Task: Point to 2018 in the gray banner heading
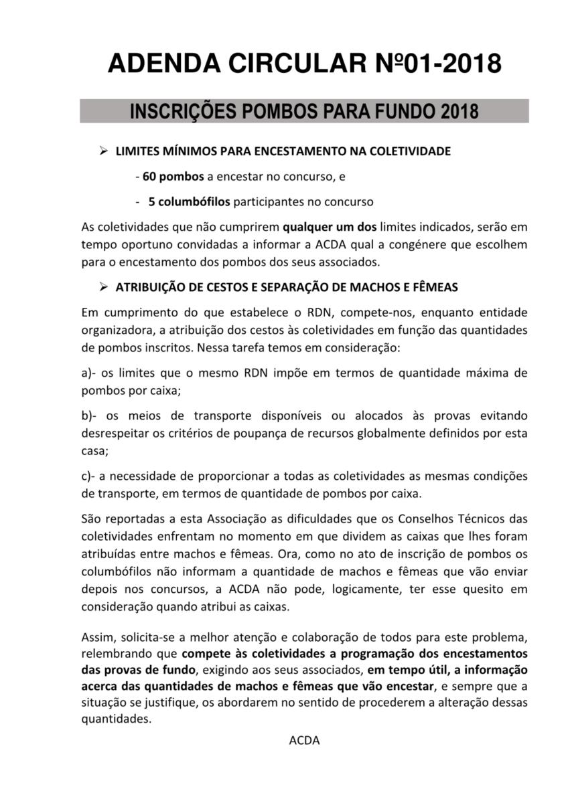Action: pos(459,111)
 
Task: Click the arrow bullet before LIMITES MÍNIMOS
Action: pos(103,151)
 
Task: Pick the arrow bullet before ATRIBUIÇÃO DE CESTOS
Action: pos(103,287)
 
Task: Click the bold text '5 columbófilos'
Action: pos(190,201)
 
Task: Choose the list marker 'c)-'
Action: pos(90,476)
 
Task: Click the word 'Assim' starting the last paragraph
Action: pos(95,635)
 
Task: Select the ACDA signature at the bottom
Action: pos(304,740)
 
